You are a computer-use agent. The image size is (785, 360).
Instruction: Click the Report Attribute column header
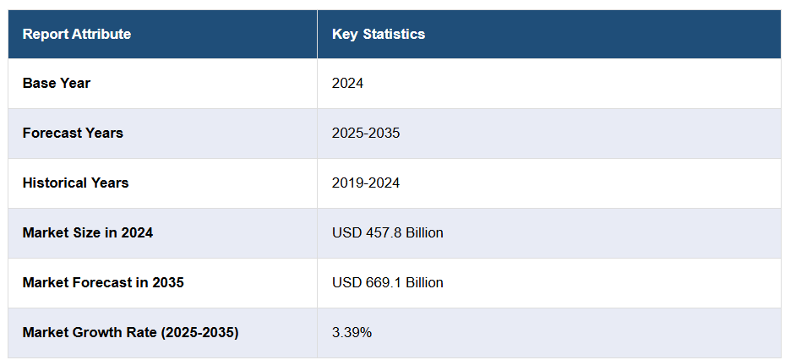pos(77,35)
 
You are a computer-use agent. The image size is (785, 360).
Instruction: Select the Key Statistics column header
pos(379,35)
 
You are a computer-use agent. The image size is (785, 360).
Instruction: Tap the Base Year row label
pos(57,84)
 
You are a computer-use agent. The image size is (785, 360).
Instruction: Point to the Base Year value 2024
pos(347,84)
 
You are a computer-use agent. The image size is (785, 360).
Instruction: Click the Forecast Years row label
pos(73,134)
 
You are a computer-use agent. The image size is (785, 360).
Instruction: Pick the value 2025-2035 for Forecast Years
pos(366,134)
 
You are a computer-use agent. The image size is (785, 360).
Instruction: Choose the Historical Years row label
pos(76,183)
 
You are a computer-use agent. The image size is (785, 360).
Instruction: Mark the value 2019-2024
pos(366,183)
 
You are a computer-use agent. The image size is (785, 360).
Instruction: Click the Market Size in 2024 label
pos(88,233)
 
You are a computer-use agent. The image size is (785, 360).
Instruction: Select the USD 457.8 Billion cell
pos(388,233)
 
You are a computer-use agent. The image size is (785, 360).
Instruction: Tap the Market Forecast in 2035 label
pos(103,283)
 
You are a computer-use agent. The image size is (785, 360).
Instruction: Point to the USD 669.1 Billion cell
pos(388,283)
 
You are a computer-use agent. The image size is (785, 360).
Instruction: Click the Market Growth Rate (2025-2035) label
pos(131,333)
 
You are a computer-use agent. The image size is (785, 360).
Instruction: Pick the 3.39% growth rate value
pos(352,333)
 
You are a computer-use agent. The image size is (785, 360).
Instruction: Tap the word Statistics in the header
pos(394,35)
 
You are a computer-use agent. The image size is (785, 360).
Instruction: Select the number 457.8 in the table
pos(382,233)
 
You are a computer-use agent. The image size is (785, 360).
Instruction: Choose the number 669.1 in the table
pos(382,283)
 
